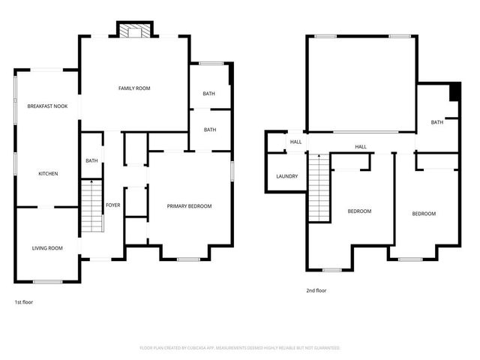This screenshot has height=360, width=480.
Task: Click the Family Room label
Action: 134,88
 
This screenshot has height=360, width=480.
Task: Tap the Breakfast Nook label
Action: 47,106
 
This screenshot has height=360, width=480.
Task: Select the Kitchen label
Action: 48,174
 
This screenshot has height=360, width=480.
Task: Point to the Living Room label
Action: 46,248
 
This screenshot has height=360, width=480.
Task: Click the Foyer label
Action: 112,205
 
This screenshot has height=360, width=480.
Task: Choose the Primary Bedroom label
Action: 189,206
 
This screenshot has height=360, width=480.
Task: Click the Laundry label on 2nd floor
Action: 286,177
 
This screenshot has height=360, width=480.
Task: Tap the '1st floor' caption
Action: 23,302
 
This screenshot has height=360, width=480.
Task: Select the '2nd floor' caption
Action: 316,291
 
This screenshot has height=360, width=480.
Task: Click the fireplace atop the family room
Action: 135,30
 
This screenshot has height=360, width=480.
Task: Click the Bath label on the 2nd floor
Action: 436,122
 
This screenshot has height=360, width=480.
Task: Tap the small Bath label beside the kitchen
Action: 91,160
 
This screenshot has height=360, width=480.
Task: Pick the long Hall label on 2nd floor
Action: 361,147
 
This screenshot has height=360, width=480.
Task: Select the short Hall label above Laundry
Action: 295,142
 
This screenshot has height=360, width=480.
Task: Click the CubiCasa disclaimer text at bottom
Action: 240,348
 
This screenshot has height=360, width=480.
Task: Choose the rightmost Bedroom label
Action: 424,214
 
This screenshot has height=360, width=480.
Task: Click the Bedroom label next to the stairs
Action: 359,211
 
